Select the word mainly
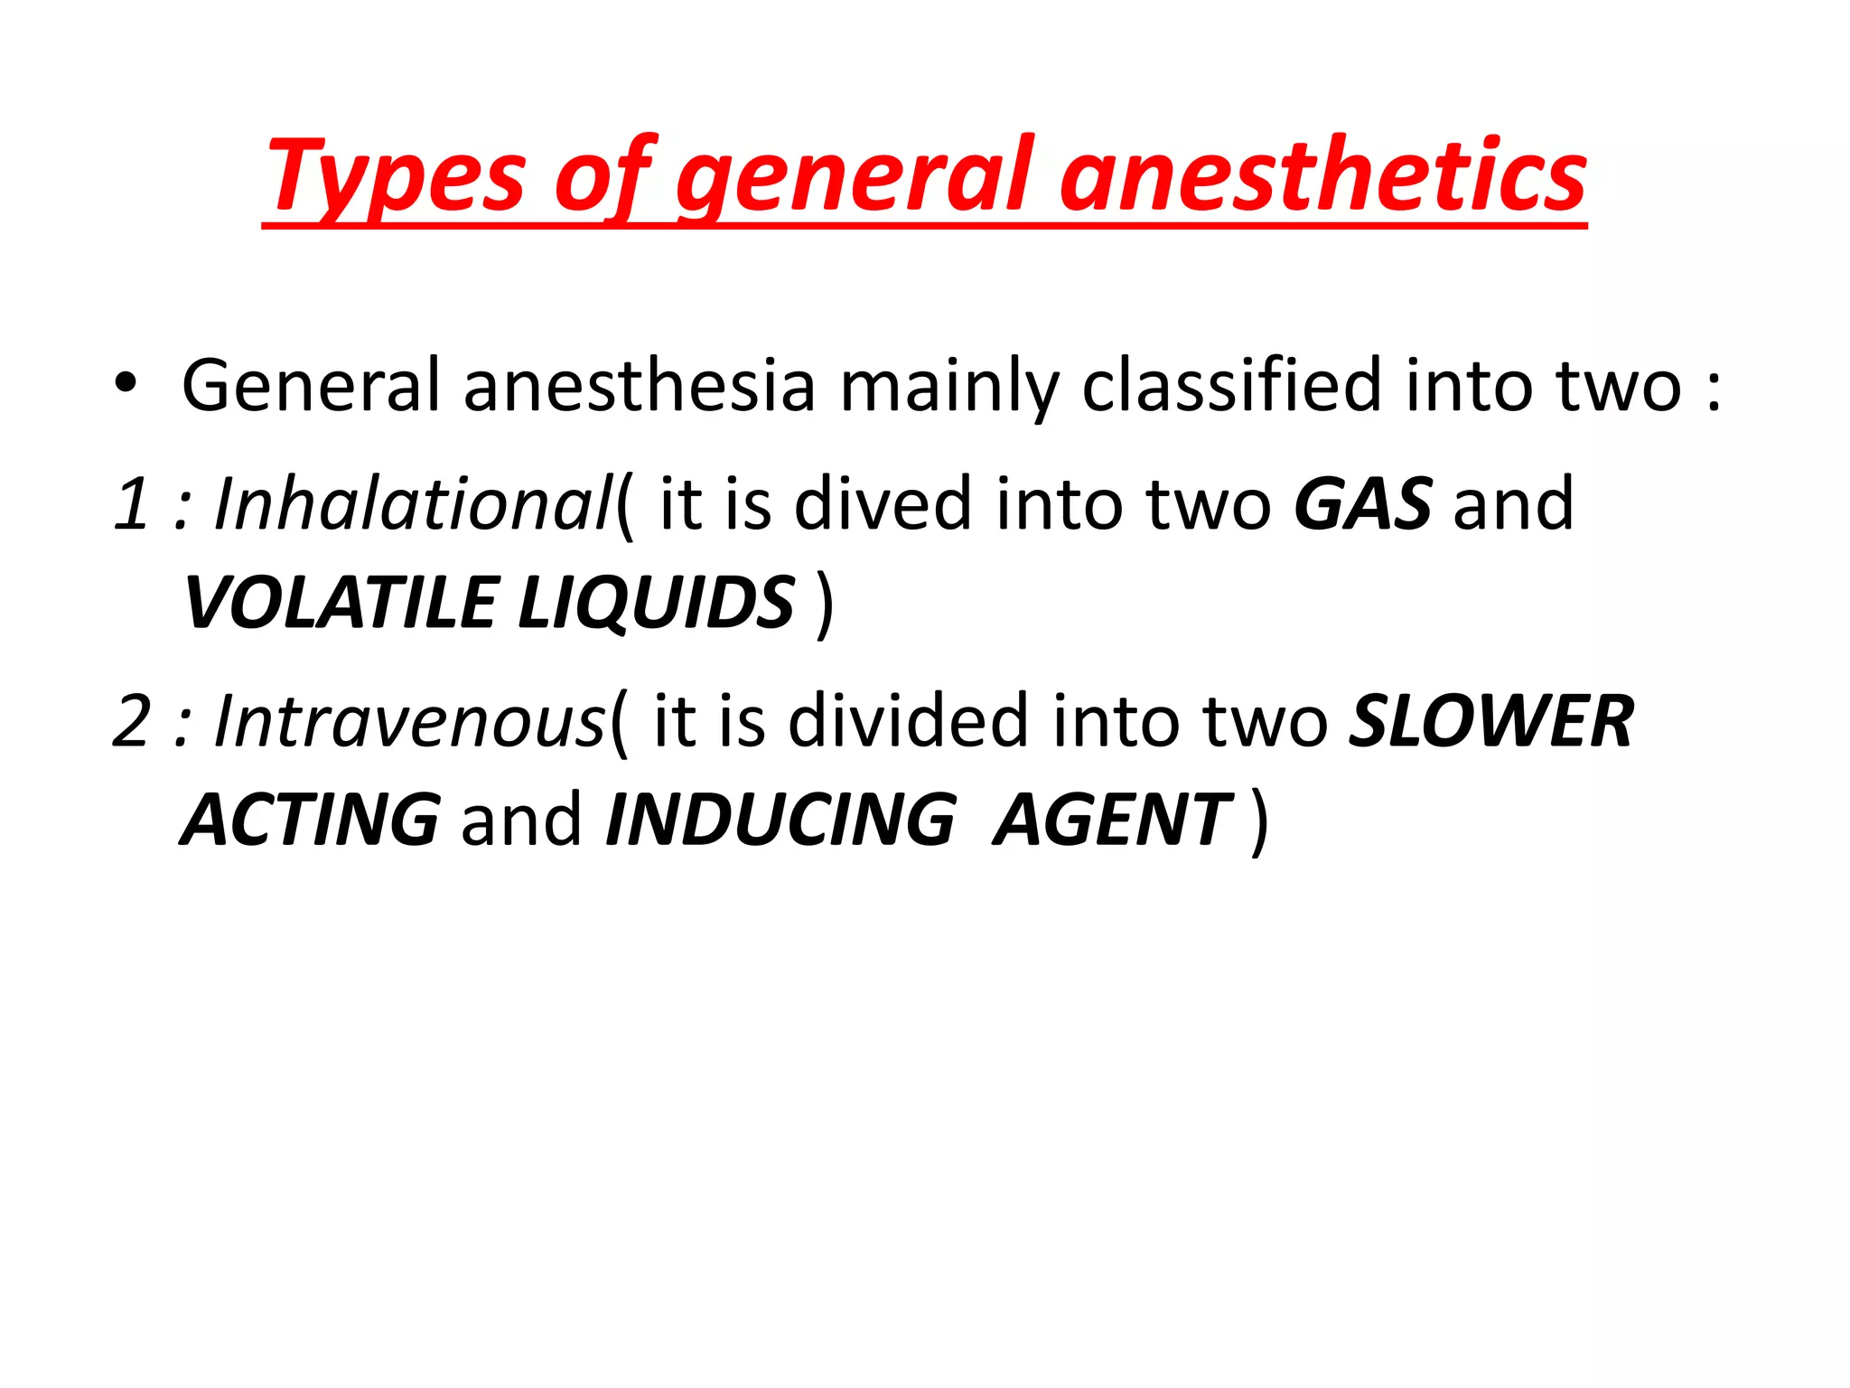(948, 386)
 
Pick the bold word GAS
(1362, 503)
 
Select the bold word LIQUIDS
(656, 603)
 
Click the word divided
(908, 720)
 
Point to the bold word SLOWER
(1490, 720)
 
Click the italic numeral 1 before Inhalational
(132, 503)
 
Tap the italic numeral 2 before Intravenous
(132, 720)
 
